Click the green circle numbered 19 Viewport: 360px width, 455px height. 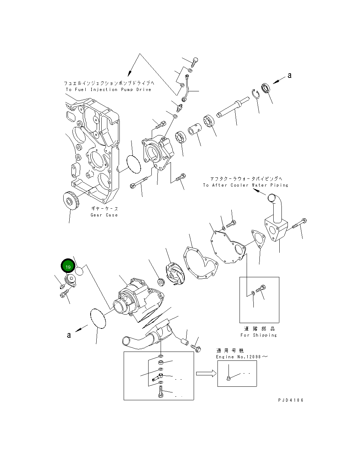pos(68,266)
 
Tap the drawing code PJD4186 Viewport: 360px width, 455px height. pos(291,400)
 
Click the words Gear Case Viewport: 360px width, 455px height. pos(104,215)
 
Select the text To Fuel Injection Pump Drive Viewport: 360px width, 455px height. pos(108,90)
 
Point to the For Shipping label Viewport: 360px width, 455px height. pos(258,335)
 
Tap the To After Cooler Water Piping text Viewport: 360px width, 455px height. pos(246,185)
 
